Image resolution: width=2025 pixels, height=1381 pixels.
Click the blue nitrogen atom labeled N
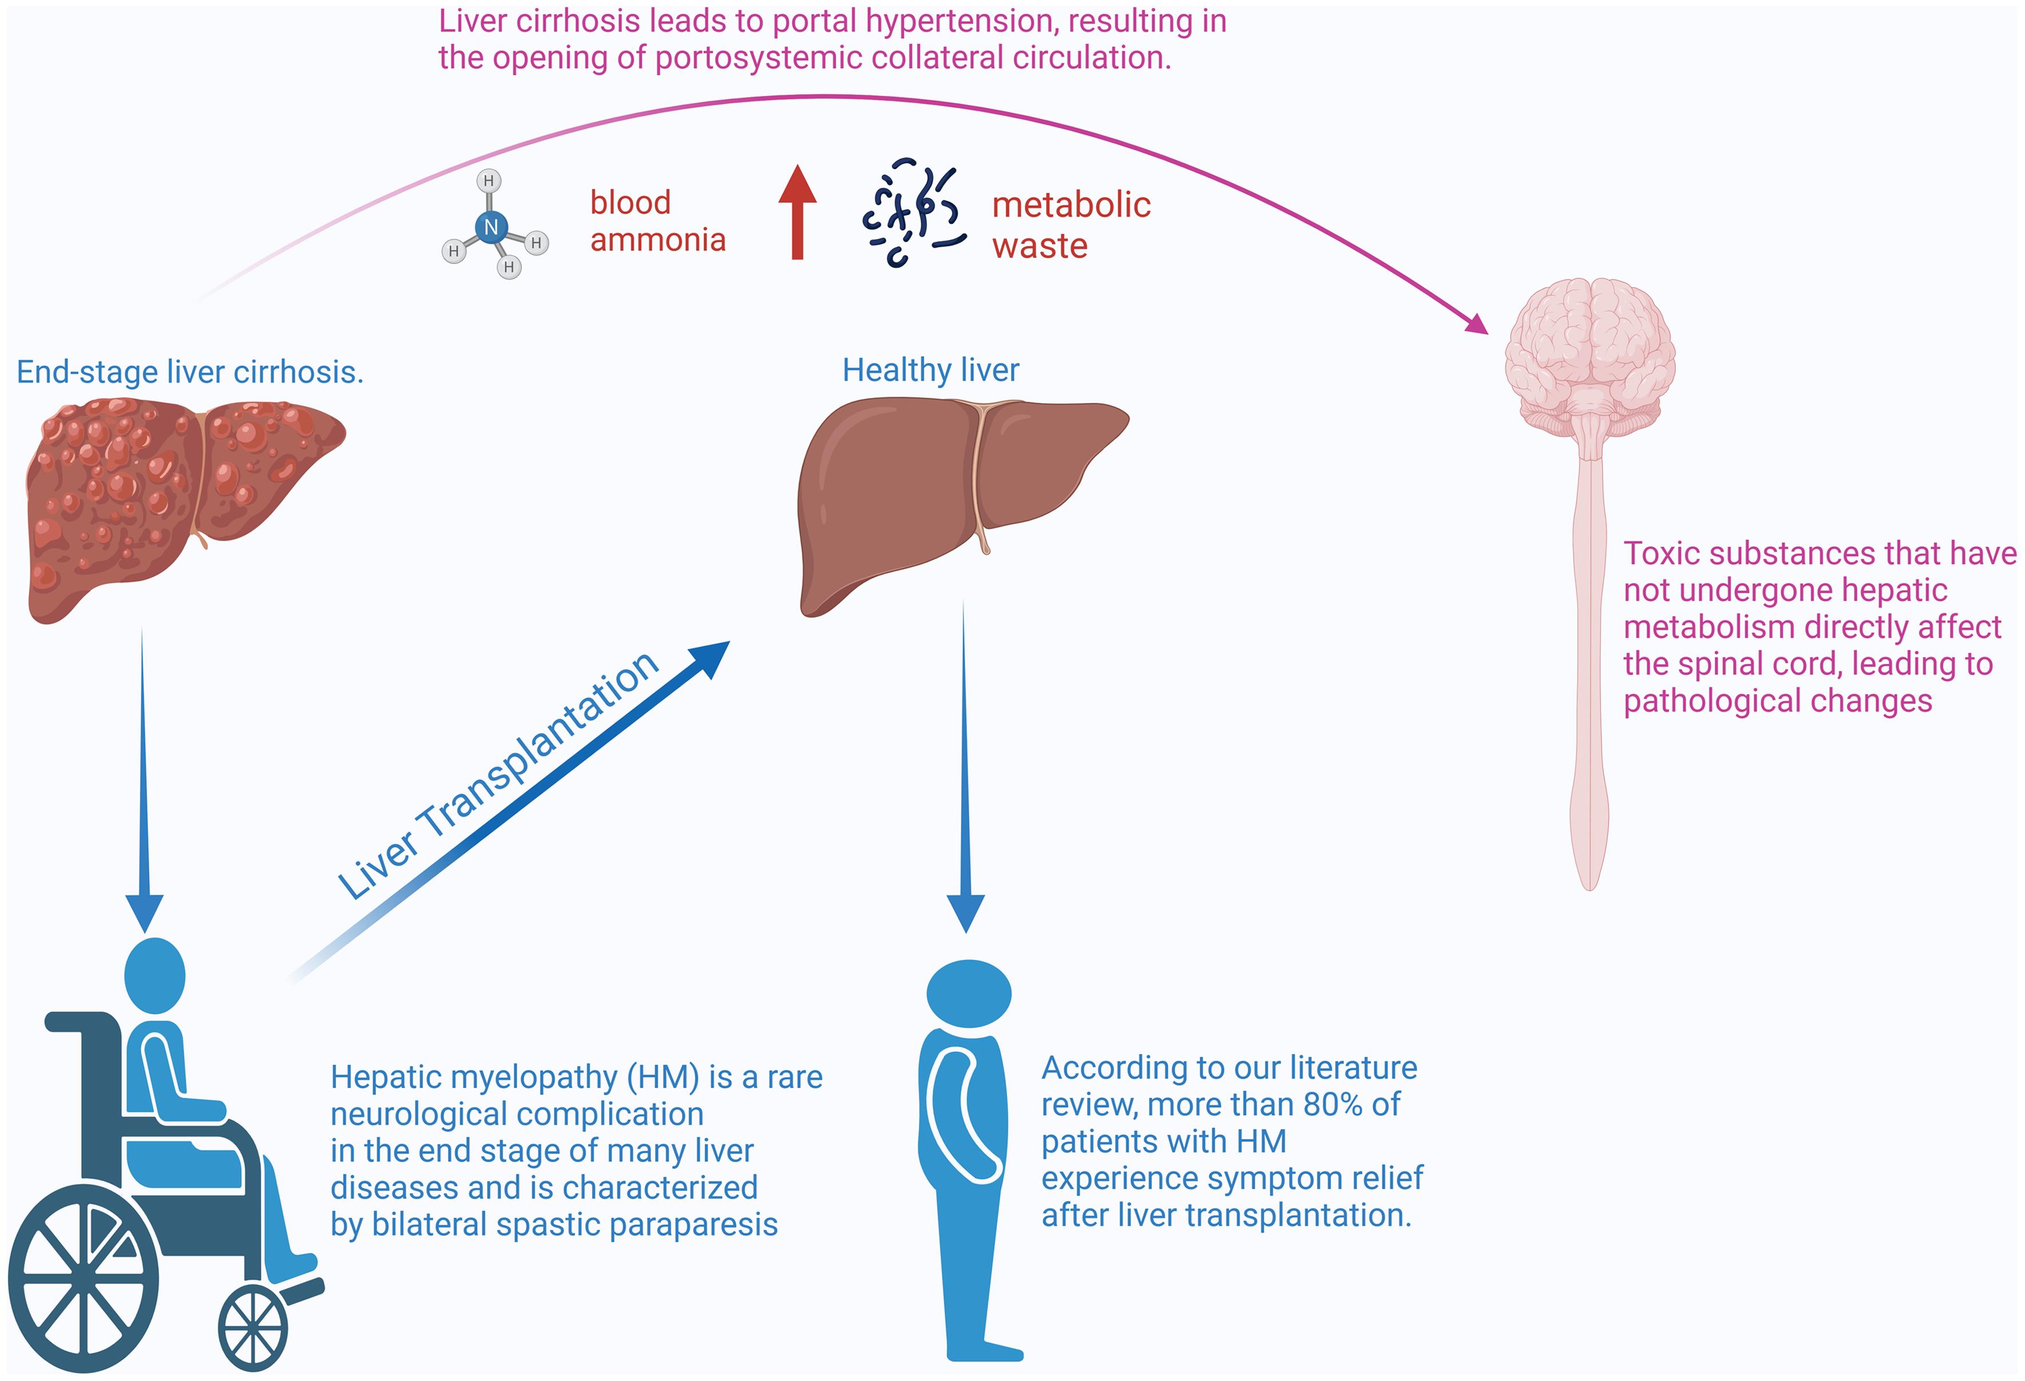click(x=490, y=227)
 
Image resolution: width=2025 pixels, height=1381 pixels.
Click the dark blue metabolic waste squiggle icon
click(x=913, y=213)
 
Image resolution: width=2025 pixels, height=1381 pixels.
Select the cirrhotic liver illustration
click(x=174, y=505)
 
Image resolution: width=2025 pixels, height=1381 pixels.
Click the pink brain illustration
click(x=1590, y=357)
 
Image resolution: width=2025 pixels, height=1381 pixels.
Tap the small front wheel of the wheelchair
click(x=253, y=1329)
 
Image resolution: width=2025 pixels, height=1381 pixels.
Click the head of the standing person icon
click(x=968, y=992)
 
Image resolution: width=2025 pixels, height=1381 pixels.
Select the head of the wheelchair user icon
click(x=155, y=975)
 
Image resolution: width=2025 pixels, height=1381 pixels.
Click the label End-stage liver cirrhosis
click(x=190, y=372)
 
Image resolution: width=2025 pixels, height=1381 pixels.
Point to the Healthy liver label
click(x=930, y=370)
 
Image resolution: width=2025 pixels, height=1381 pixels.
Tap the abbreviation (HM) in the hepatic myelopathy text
click(x=663, y=1078)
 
